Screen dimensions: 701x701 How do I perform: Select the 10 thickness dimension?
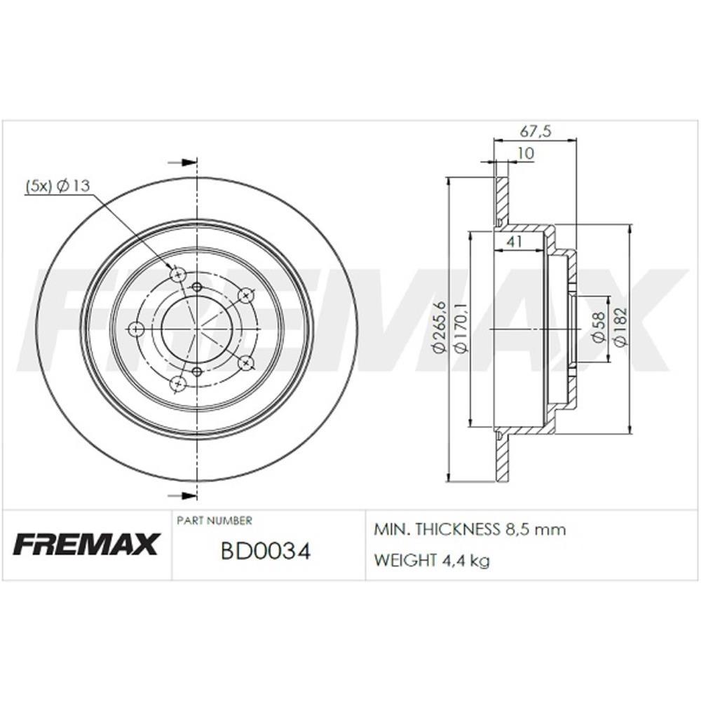tap(526, 154)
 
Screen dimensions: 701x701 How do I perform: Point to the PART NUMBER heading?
tap(214, 521)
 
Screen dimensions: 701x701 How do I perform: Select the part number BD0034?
tap(266, 551)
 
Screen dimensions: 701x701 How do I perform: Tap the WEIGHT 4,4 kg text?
tap(432, 560)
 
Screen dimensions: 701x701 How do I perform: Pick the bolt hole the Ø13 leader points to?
tap(178, 274)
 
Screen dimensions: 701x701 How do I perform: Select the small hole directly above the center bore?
tap(196, 287)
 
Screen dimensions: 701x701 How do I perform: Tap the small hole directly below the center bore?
tap(196, 372)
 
